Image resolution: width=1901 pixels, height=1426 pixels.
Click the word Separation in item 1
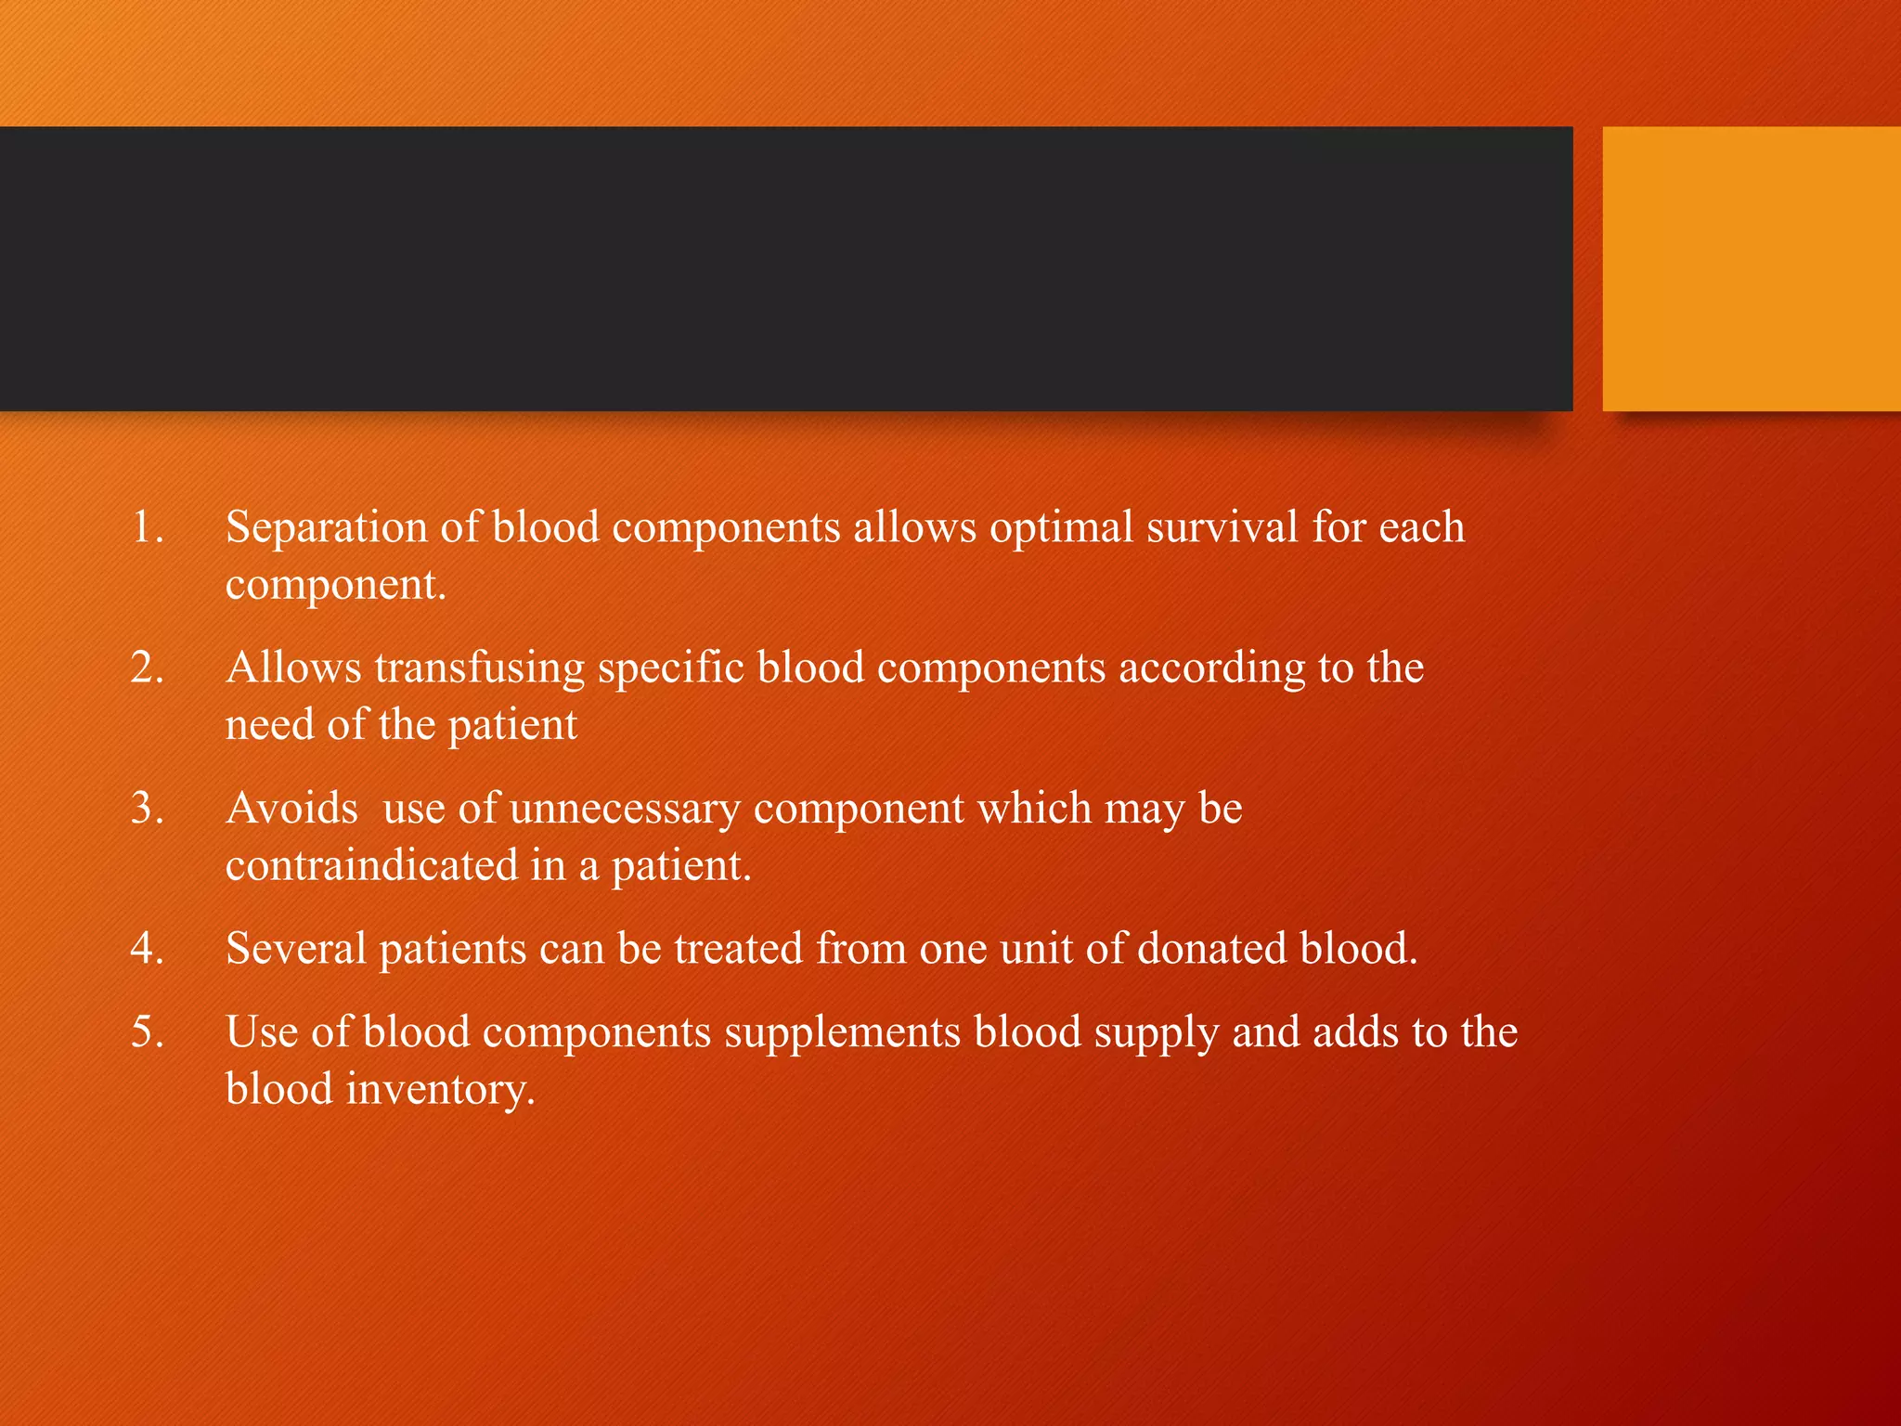[326, 527]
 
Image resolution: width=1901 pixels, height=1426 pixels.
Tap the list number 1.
[147, 527]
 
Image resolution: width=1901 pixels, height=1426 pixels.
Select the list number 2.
[147, 668]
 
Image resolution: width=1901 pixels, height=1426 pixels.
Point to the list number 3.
[147, 809]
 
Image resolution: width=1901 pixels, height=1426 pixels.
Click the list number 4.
[147, 949]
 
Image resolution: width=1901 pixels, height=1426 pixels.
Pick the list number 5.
[147, 1032]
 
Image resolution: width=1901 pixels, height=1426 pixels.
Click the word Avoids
[291, 809]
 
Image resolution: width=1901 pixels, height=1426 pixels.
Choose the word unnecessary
[625, 809]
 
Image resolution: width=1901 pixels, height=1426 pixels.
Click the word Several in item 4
[296, 949]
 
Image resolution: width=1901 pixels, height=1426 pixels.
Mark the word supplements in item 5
[842, 1032]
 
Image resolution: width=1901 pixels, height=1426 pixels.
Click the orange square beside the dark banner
[1752, 268]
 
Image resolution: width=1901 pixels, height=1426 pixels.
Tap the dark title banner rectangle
[785, 268]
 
